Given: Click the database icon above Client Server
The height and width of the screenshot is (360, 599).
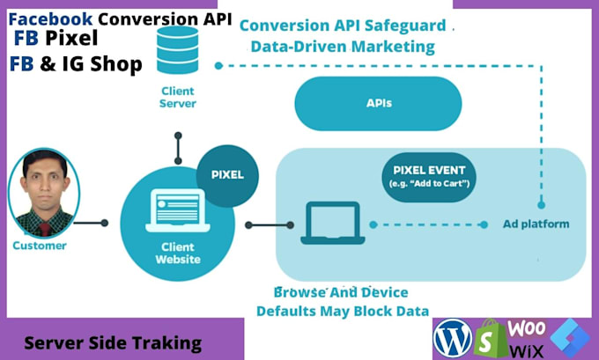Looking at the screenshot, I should tap(177, 50).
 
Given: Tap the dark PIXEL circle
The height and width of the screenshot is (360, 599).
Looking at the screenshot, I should tap(228, 174).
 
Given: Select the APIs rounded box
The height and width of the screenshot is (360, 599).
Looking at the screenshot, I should tap(379, 103).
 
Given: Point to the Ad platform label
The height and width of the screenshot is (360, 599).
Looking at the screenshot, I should tap(536, 224).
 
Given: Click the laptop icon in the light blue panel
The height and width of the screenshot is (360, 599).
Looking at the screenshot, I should tap(330, 224).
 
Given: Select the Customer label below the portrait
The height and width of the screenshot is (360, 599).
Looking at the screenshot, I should tap(39, 246).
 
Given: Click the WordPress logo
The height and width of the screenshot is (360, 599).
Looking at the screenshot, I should tap(453, 336).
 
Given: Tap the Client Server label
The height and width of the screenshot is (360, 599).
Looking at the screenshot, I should tap(177, 97).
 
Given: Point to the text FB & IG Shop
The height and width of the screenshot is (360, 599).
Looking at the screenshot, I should tap(76, 65).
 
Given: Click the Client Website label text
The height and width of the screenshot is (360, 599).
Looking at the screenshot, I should tap(177, 253).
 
